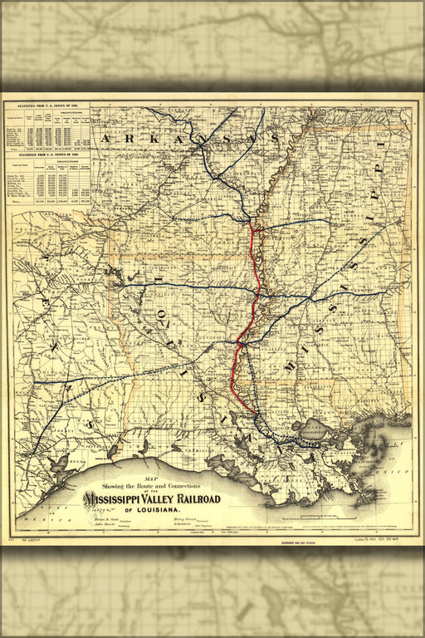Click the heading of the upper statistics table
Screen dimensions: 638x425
[x=46, y=106]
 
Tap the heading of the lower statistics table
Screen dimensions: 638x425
[x=46, y=155]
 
